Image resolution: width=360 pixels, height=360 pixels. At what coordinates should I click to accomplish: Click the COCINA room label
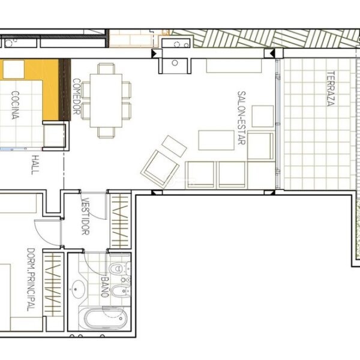click(16, 105)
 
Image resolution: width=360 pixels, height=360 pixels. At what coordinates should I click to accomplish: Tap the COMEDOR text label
click(76, 97)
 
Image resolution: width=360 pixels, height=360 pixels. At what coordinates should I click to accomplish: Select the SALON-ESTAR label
click(241, 118)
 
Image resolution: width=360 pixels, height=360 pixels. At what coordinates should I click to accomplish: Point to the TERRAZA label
click(331, 89)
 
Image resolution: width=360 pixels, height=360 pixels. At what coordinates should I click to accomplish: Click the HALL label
click(35, 164)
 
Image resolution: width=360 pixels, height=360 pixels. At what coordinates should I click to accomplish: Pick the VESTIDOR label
click(85, 216)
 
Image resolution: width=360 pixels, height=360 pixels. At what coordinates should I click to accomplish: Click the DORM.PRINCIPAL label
click(31, 280)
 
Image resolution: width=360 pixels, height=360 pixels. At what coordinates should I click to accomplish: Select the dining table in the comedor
click(106, 101)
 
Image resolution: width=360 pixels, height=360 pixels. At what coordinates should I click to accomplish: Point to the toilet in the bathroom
click(119, 268)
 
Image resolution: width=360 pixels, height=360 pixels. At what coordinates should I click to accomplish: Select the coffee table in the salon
click(216, 140)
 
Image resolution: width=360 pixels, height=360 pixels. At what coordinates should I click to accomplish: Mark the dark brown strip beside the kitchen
click(65, 89)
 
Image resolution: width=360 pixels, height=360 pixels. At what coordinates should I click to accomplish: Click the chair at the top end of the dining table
click(106, 68)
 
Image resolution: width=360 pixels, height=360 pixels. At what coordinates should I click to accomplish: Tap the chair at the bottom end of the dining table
click(106, 133)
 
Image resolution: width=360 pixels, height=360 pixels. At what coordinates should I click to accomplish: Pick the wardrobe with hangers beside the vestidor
click(120, 221)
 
